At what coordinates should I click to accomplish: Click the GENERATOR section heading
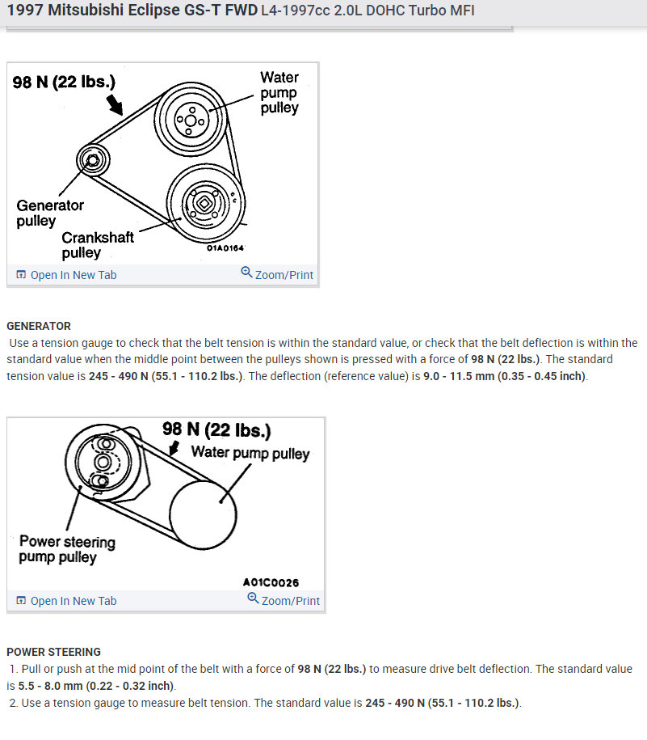tap(39, 326)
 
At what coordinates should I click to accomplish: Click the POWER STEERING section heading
tap(53, 652)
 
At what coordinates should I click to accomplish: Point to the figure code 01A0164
tap(220, 248)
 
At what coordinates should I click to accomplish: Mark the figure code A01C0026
tap(271, 582)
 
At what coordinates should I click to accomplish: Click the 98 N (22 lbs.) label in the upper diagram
tap(64, 82)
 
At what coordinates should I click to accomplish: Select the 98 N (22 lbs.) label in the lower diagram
tap(216, 429)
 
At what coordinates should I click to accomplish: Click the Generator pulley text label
tap(49, 213)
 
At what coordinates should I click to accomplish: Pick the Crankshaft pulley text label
tap(98, 245)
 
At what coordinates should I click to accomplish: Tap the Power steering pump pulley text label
tap(67, 549)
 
